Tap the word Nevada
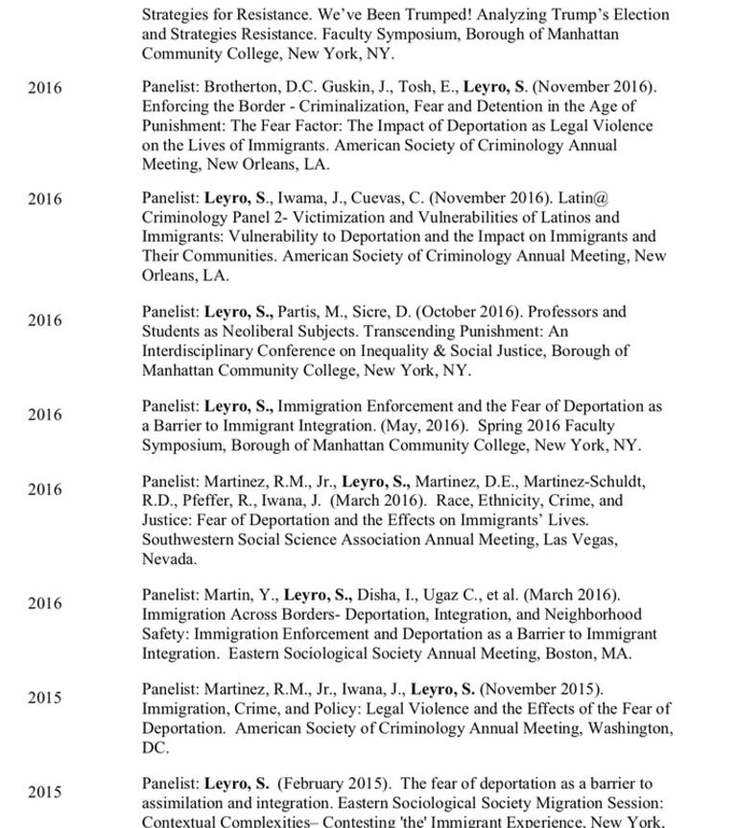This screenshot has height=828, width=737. pyautogui.click(x=169, y=558)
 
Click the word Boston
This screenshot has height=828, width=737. pyautogui.click(x=572, y=653)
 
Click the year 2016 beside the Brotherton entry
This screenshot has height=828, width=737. pyautogui.click(x=44, y=88)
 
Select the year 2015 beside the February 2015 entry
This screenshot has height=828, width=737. pyautogui.click(x=44, y=793)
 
